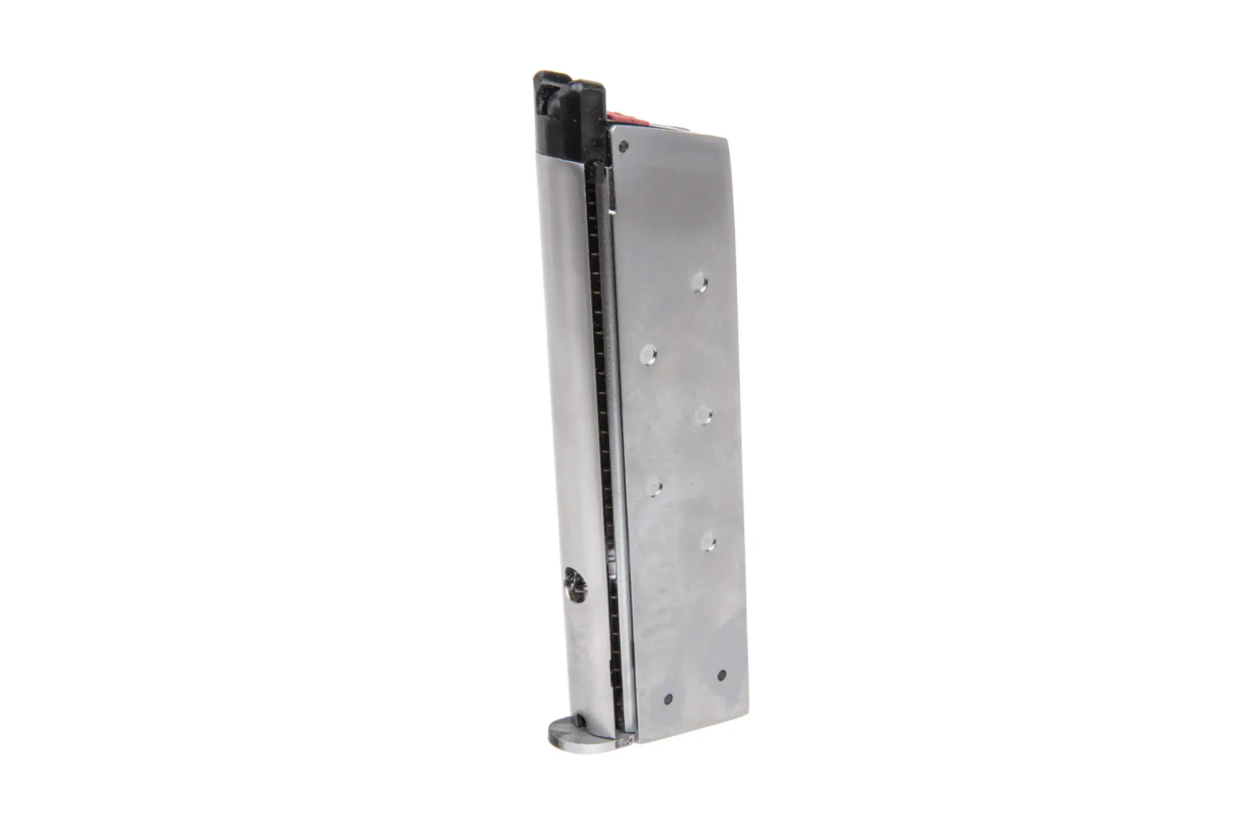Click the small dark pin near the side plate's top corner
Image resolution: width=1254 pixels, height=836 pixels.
pos(623,147)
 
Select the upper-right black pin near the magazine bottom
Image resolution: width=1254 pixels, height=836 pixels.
pos(721,675)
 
